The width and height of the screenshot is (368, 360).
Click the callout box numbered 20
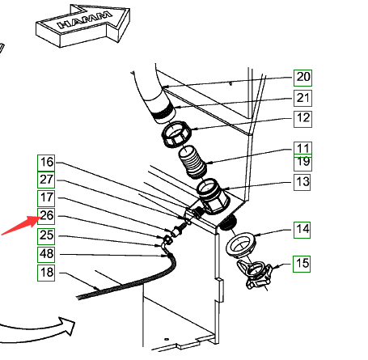coord(302,78)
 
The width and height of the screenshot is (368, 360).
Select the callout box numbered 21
coord(302,98)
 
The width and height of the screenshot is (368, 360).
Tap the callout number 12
coord(302,119)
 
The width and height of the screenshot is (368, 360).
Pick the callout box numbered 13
coord(302,182)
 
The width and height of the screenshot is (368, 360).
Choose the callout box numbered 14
coord(302,230)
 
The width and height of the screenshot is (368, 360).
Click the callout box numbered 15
coord(302,264)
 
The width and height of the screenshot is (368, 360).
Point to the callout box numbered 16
coord(46,163)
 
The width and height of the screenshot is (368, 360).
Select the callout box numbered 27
coord(46,180)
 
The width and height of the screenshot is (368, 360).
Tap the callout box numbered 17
coord(46,198)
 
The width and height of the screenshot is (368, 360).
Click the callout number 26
coord(46,216)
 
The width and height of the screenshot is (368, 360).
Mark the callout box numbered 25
coord(46,236)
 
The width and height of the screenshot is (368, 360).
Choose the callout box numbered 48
coord(46,255)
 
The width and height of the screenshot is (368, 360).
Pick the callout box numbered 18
coord(46,273)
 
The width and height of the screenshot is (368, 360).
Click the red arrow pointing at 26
coord(20,226)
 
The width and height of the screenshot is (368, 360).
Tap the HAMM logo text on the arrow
coord(85,19)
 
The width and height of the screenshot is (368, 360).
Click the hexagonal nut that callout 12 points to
coord(176,134)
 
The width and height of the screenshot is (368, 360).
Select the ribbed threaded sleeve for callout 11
coord(193,162)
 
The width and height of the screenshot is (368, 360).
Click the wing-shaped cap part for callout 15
coord(254,273)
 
